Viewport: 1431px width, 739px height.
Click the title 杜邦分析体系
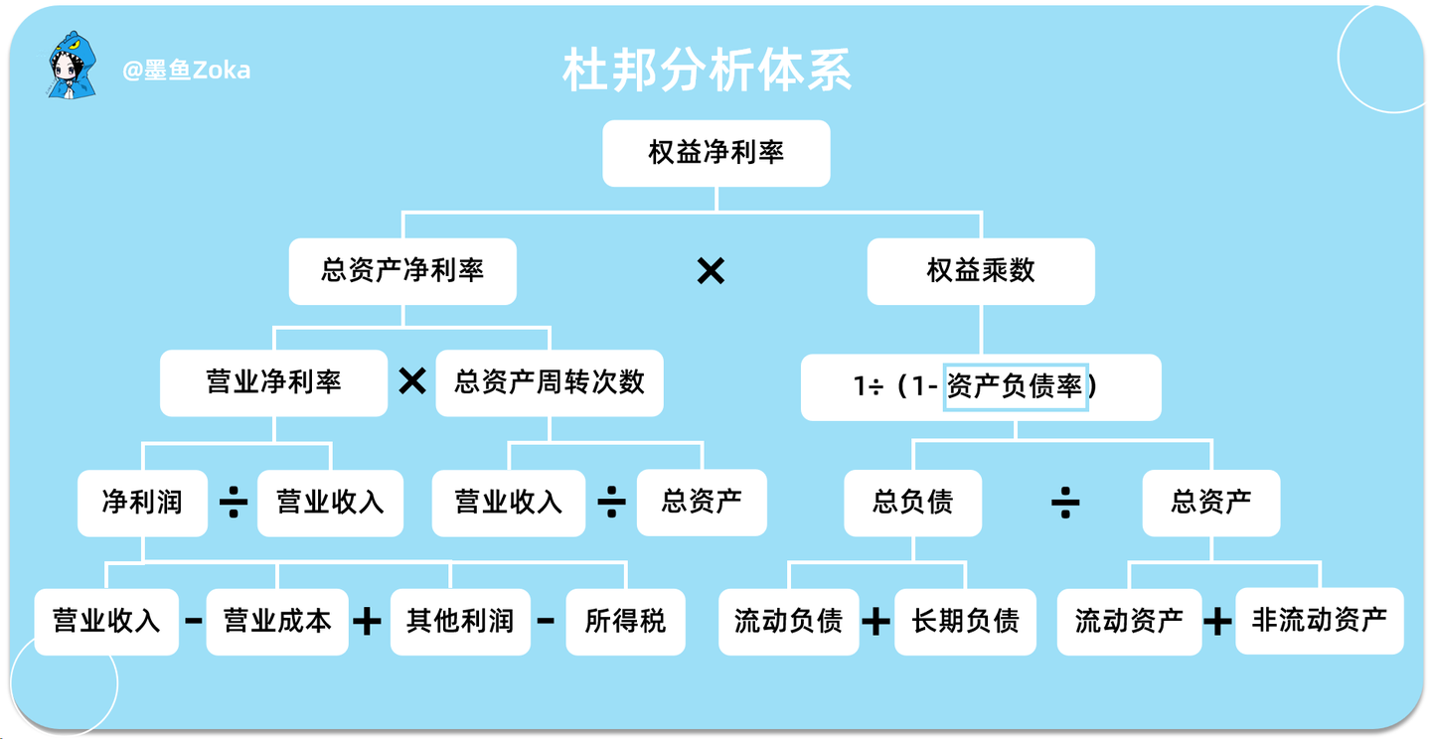pyautogui.click(x=708, y=71)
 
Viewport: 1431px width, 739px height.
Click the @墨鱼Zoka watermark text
pyautogui.click(x=186, y=70)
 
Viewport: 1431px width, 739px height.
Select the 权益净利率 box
pyautogui.click(x=715, y=153)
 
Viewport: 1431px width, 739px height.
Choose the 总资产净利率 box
pyautogui.click(x=402, y=271)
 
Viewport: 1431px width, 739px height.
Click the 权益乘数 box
pyautogui.click(x=981, y=271)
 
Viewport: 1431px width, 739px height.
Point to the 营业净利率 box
pyautogui.click(x=274, y=382)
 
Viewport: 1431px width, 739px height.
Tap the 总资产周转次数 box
pyautogui.click(x=550, y=382)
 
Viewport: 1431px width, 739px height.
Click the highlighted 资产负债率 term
pyautogui.click(x=1016, y=386)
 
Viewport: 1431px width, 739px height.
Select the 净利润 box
pyautogui.click(x=142, y=503)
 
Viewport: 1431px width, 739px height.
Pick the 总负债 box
pyautogui.click(x=912, y=503)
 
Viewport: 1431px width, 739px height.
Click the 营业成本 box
pyautogui.click(x=277, y=622)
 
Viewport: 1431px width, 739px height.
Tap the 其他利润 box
pyautogui.click(x=459, y=622)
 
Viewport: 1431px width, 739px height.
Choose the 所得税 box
pyautogui.click(x=625, y=622)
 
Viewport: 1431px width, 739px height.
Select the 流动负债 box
pyautogui.click(x=788, y=622)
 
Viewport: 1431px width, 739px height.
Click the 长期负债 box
pyautogui.click(x=965, y=622)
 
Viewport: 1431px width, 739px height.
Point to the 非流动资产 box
pyautogui.click(x=1319, y=621)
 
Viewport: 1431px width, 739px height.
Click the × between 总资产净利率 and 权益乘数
pyautogui.click(x=711, y=271)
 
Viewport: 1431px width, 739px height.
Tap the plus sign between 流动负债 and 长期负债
pyautogui.click(x=875, y=623)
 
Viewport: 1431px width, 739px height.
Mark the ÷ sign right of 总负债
pyautogui.click(x=1065, y=504)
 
